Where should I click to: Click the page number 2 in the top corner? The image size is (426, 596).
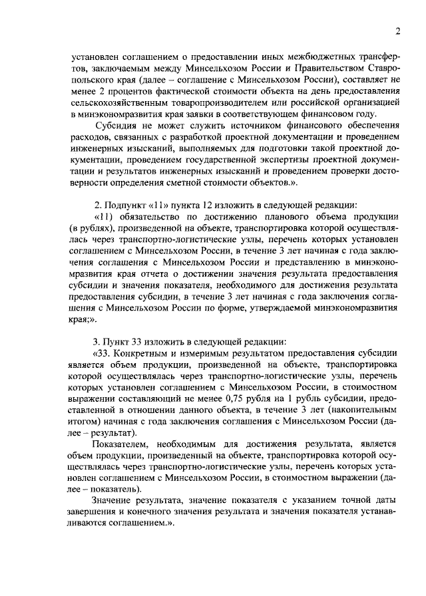point(397,31)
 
